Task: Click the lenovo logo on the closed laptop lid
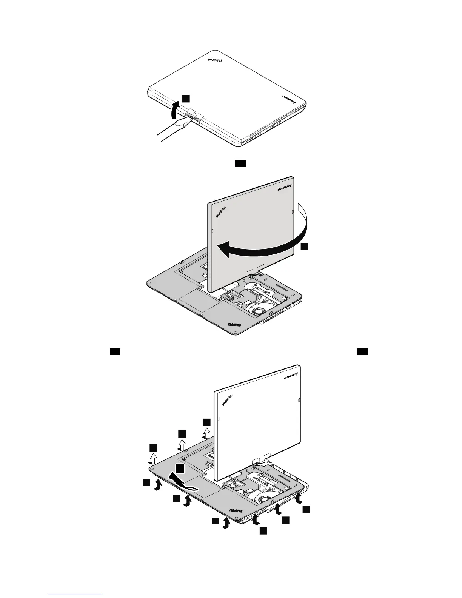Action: click(x=289, y=99)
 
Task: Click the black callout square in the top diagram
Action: click(x=186, y=98)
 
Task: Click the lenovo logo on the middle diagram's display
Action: click(x=285, y=188)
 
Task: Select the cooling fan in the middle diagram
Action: click(x=258, y=312)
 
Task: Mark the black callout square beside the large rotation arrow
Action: click(x=305, y=247)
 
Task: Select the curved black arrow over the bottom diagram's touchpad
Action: click(x=181, y=482)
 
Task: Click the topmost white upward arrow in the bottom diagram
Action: click(x=206, y=433)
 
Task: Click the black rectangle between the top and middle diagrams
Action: click(x=241, y=163)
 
